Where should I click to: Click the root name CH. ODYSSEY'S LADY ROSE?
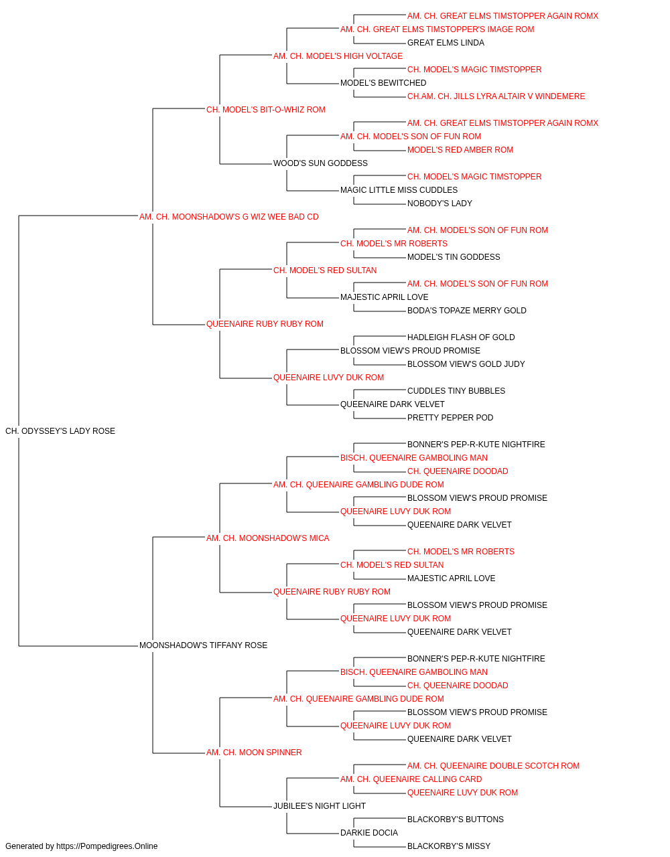[60, 431]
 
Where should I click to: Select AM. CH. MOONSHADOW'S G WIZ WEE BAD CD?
[229, 217]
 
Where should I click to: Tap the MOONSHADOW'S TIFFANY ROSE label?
[203, 645]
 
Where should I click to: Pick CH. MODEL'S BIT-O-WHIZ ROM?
[266, 110]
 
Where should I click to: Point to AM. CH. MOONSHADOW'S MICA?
[267, 538]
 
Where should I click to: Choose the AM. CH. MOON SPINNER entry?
[254, 753]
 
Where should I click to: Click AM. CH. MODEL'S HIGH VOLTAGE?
[338, 56]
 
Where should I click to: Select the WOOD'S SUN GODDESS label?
[320, 163]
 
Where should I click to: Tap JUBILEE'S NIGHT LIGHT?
[320, 806]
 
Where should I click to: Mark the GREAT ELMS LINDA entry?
[446, 43]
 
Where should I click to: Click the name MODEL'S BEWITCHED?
[383, 83]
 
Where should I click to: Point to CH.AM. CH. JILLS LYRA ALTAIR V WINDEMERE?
[496, 96]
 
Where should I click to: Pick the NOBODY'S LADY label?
[440, 204]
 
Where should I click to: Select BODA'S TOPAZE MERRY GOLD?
[467, 311]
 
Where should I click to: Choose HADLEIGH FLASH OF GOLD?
[461, 337]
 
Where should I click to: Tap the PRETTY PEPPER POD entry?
[450, 418]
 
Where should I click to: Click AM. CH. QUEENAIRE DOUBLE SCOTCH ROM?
[494, 766]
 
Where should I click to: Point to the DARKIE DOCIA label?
[369, 833]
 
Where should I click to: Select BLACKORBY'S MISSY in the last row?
[449, 846]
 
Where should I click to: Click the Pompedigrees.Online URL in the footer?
[107, 846]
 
